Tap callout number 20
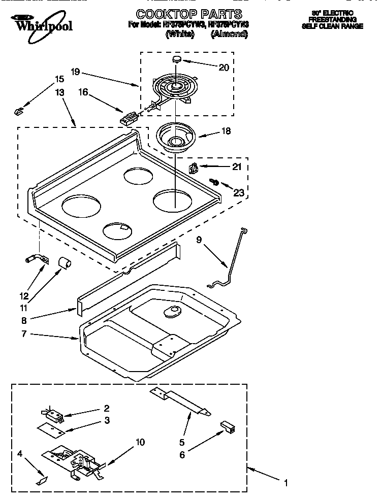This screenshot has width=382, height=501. point(224,68)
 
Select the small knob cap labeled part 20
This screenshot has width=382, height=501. point(176,59)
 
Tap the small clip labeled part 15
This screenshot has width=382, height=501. point(19,109)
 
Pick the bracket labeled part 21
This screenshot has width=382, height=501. point(194,168)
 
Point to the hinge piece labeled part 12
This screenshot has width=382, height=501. point(37,259)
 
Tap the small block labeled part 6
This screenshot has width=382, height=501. point(227,427)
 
